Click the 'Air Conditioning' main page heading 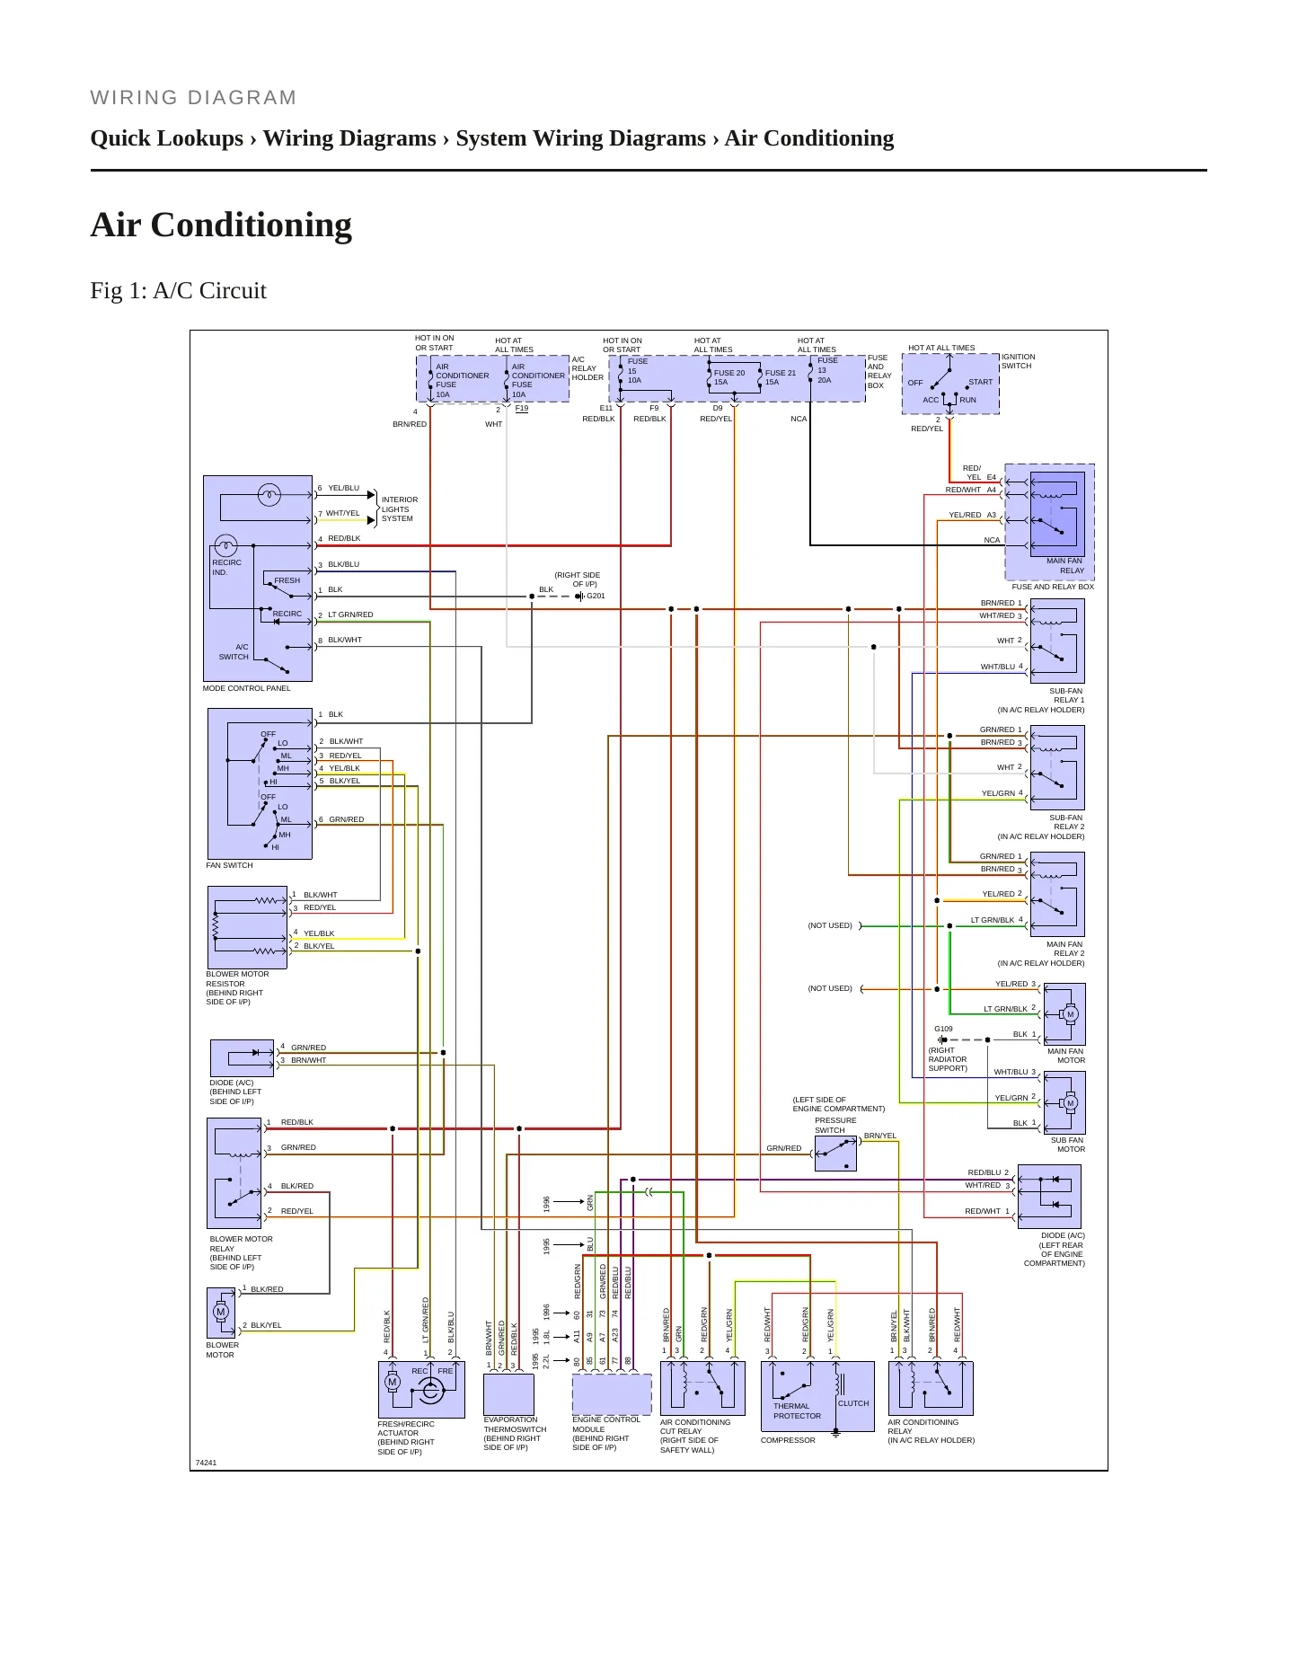point(221,225)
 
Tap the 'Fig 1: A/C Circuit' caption point(179,290)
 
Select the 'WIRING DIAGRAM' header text point(193,98)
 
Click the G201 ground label point(596,596)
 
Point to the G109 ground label point(943,1029)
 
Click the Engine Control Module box point(612,1394)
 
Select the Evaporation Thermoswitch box point(508,1394)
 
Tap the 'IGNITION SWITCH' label point(1019,361)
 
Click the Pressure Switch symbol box point(835,1154)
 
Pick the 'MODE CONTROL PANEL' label point(247,688)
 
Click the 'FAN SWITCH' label point(230,865)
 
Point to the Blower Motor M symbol point(221,1312)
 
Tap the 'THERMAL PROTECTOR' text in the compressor point(797,1410)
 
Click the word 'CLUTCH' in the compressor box point(853,1403)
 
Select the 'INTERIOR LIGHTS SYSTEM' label point(400,509)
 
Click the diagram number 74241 point(206,1463)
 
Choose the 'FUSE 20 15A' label point(729,377)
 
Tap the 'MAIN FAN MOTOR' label point(1066,1056)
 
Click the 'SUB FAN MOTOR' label point(1069,1145)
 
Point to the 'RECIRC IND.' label point(226,567)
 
